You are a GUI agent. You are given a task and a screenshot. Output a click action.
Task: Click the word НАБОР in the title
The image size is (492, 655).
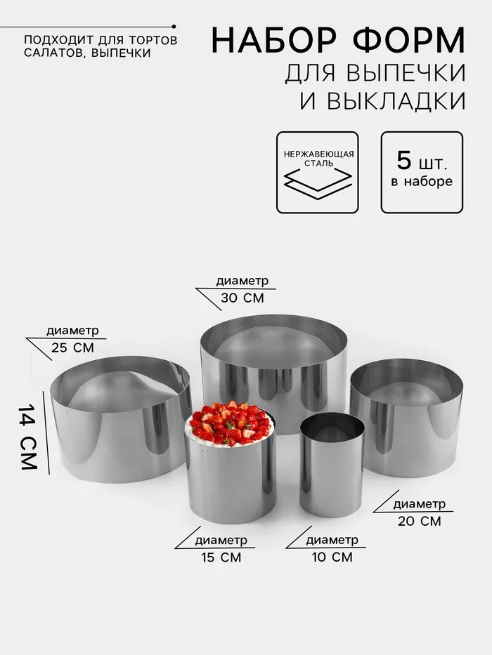[274, 40]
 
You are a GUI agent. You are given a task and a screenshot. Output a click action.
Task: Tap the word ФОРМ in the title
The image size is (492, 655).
[409, 40]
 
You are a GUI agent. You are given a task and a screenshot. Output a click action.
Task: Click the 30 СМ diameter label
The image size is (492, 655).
[242, 298]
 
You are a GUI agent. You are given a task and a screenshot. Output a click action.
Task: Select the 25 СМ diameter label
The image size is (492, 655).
[73, 348]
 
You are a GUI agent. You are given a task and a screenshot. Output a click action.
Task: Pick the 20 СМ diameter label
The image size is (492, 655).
[420, 522]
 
